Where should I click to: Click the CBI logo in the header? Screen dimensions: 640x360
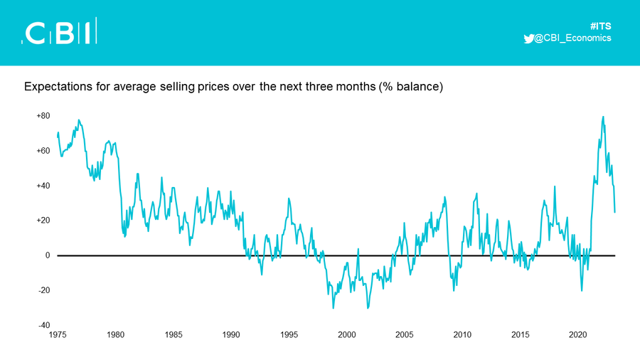(x=59, y=31)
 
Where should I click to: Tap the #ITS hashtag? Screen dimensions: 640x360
(x=600, y=26)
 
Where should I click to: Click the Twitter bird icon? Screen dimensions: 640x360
(x=528, y=38)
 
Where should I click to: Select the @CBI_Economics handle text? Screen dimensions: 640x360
(x=572, y=38)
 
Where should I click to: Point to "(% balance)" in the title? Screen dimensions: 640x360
(x=410, y=87)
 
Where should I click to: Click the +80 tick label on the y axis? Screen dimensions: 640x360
(x=43, y=116)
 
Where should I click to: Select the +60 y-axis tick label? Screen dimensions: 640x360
(x=43, y=151)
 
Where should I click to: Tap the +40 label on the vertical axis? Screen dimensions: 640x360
(x=43, y=186)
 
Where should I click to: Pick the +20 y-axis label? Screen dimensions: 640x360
(x=43, y=221)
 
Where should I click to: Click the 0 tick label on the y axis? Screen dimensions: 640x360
(x=48, y=255)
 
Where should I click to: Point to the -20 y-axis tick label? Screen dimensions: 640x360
(x=44, y=290)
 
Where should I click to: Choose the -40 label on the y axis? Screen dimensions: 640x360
(x=44, y=325)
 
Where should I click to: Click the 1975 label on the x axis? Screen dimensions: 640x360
(x=58, y=334)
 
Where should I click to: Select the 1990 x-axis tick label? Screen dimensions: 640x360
(x=231, y=334)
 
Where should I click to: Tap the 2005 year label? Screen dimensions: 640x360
(x=405, y=334)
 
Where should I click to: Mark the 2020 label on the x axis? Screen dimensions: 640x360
(x=578, y=334)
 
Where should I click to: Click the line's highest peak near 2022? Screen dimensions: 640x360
(x=603, y=117)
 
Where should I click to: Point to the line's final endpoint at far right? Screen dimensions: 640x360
(x=614, y=212)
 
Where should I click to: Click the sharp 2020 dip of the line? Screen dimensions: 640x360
(x=582, y=290)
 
